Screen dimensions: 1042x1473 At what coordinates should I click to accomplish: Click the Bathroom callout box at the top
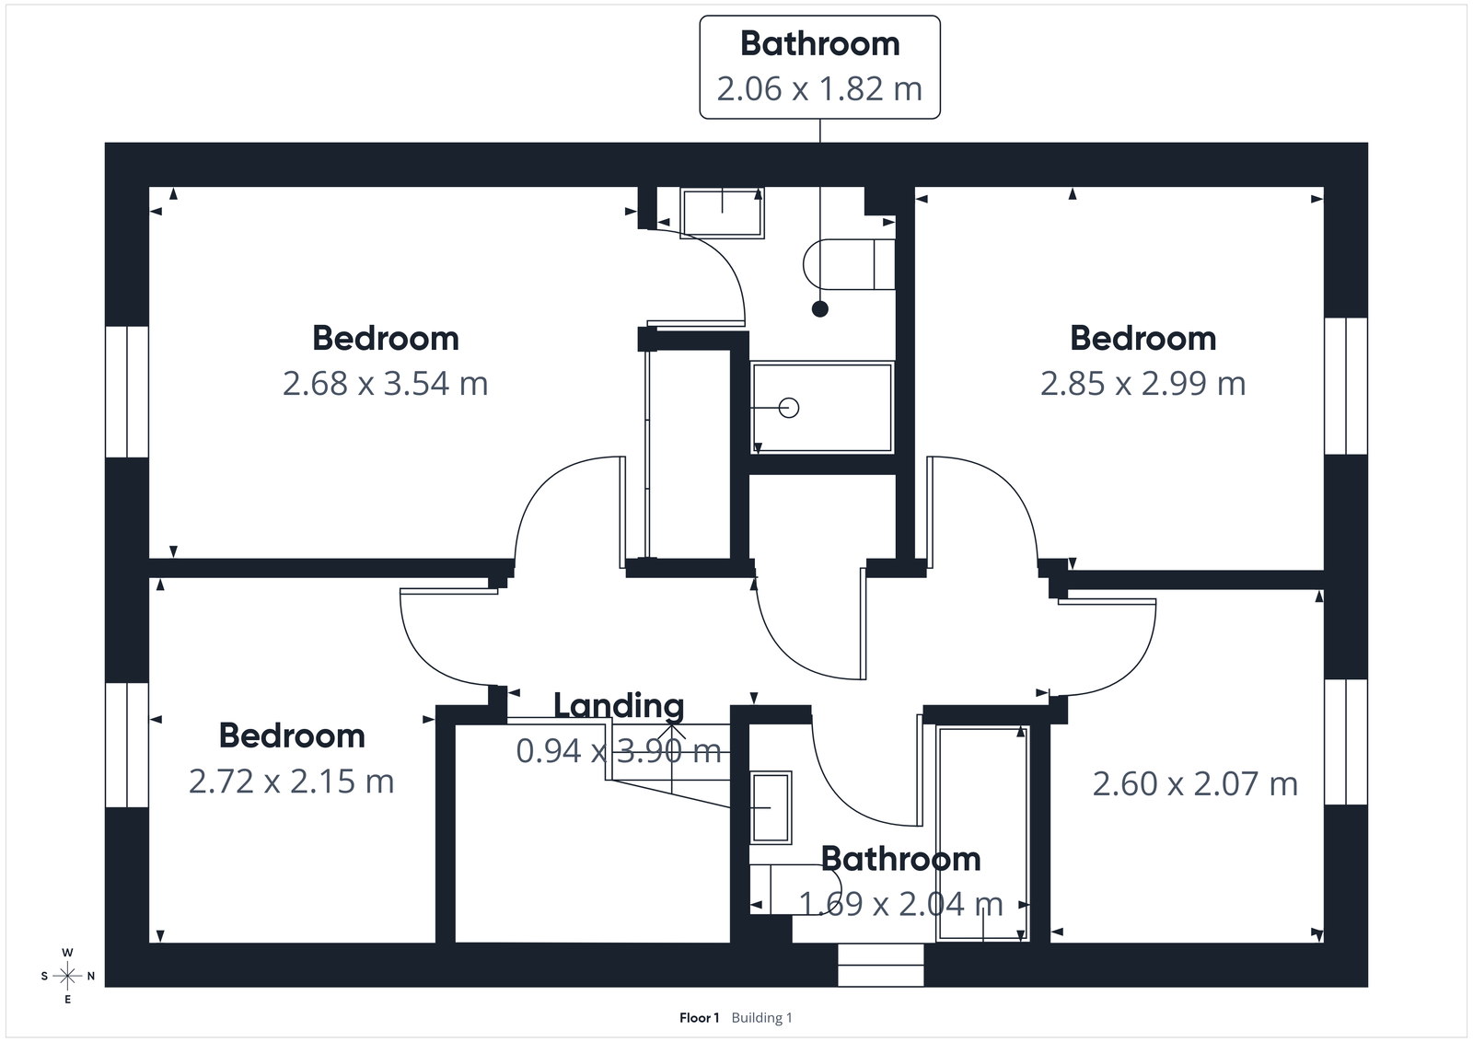(819, 67)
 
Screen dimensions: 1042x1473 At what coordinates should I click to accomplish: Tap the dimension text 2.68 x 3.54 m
(385, 384)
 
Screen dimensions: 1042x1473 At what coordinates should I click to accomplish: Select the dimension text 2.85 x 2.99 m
(1142, 384)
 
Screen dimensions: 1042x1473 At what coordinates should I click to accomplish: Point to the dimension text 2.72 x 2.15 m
(291, 781)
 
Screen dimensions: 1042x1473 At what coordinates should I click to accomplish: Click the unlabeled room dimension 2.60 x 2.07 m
(1195, 784)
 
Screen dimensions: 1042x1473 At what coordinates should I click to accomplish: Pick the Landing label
(619, 706)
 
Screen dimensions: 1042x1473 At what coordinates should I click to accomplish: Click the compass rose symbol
(68, 976)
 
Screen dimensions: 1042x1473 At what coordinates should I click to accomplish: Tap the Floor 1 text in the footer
(699, 1018)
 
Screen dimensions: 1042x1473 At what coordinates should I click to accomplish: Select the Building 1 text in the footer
(761, 1018)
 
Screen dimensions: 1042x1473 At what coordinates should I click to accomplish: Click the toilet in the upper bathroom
(849, 265)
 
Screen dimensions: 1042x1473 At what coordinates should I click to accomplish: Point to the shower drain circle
(789, 407)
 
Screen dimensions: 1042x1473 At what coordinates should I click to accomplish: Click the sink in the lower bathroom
(771, 807)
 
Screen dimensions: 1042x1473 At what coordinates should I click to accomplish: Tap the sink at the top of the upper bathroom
(722, 213)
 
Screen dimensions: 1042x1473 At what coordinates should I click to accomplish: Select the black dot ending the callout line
(819, 309)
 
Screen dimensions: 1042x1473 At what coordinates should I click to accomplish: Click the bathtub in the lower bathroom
(982, 832)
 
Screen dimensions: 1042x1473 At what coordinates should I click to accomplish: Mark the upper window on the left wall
(127, 391)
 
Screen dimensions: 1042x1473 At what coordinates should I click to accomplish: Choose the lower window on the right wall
(1346, 742)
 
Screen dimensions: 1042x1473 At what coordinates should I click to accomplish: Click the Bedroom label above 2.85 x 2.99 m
(1142, 339)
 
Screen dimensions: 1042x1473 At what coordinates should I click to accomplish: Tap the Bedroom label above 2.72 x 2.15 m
(291, 736)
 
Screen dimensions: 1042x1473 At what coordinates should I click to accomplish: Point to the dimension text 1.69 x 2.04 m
(900, 904)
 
